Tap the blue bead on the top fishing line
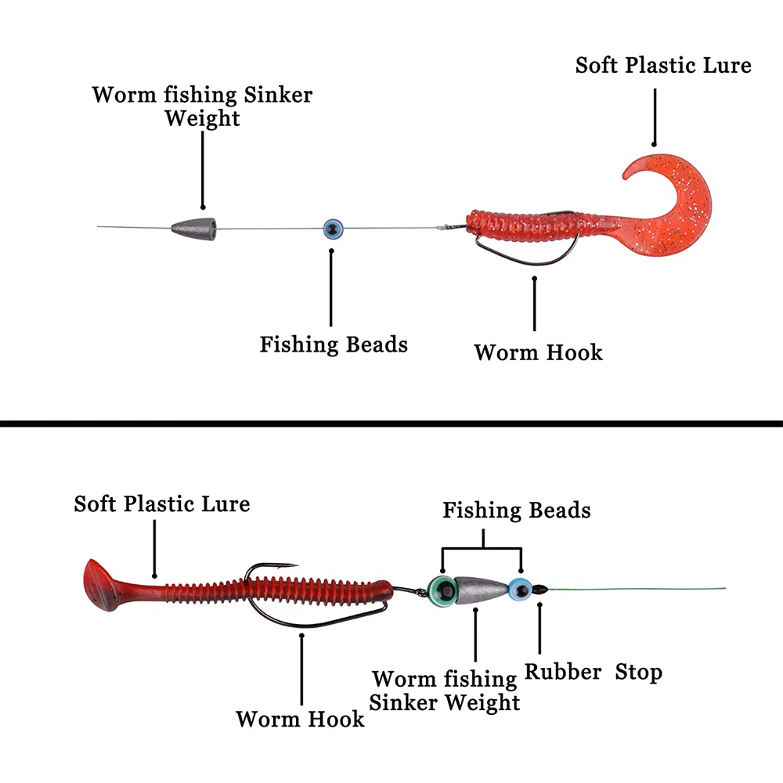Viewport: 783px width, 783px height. [333, 229]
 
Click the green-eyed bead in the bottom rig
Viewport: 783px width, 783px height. [441, 589]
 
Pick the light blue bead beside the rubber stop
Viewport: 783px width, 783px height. [518, 588]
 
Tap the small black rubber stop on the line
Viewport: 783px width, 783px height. [539, 589]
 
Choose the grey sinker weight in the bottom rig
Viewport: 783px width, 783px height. [478, 589]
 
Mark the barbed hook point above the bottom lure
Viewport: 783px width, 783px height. [291, 565]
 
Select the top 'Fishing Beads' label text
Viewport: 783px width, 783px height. [334, 344]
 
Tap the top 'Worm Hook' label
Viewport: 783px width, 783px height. [538, 352]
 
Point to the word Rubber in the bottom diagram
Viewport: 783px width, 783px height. [563, 672]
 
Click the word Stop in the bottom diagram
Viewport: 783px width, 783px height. [638, 672]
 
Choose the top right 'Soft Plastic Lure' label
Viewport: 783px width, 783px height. [663, 65]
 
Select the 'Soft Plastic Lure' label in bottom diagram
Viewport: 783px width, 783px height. [162, 503]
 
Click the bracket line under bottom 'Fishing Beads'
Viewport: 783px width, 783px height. [482, 547]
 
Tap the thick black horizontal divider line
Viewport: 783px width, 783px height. [391, 423]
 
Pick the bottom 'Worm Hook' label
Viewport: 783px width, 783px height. [300, 718]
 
